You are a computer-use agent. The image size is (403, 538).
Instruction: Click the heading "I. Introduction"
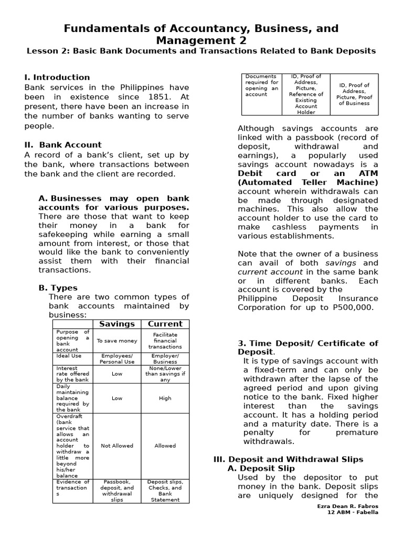(57, 77)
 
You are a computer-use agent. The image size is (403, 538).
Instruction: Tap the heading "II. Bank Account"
(63, 144)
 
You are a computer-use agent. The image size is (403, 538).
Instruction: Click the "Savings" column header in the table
(117, 324)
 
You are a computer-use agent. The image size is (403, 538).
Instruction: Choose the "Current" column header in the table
(165, 324)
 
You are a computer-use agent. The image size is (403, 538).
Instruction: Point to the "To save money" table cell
(117, 340)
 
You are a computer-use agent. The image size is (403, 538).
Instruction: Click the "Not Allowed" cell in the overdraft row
(117, 446)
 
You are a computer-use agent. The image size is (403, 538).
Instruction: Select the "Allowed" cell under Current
(165, 446)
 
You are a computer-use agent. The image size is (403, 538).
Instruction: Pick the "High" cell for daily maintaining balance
(165, 398)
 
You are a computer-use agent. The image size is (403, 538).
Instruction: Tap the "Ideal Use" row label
(69, 356)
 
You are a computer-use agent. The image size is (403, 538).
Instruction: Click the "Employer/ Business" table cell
(165, 358)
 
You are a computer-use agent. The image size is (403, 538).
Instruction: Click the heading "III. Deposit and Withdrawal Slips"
(288, 459)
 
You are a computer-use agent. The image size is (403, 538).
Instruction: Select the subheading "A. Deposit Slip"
(261, 468)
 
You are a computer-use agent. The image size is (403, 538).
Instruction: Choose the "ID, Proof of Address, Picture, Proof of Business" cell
(354, 94)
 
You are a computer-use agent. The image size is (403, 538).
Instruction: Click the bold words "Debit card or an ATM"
(307, 173)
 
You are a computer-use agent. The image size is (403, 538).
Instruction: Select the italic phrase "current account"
(270, 272)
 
